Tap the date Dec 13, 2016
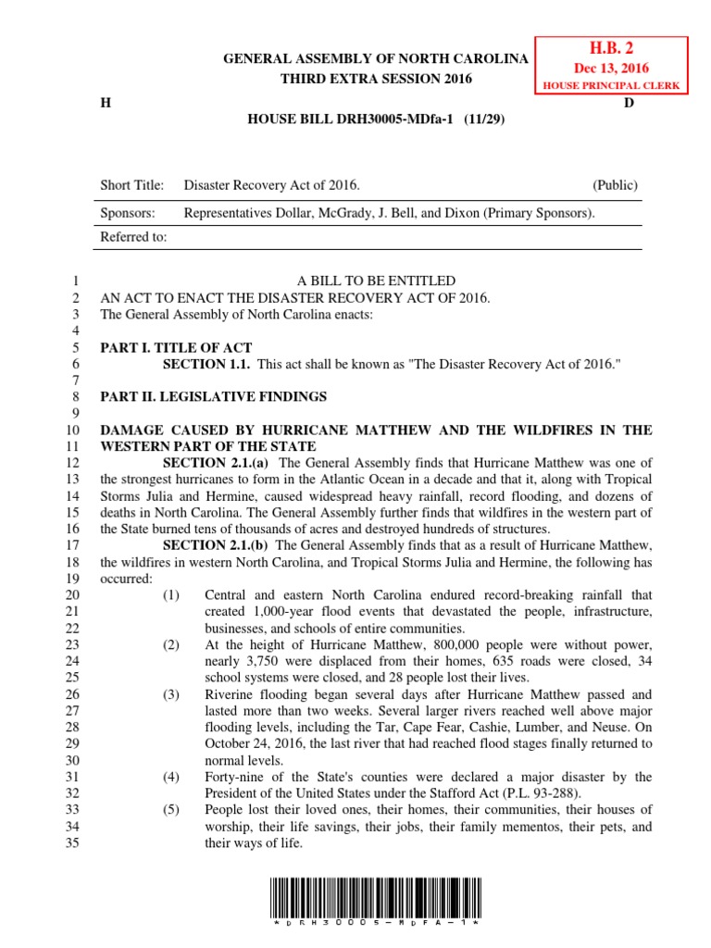point(609,69)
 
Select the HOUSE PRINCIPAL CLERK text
point(609,85)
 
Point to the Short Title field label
point(131,185)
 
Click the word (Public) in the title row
point(615,185)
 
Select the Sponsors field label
point(127,212)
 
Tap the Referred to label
point(133,237)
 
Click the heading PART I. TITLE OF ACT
point(176,348)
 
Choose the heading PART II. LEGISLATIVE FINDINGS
point(213,396)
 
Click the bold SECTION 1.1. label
point(206,365)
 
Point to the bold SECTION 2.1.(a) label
point(218,463)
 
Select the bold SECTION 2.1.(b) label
point(218,545)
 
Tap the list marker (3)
point(171,694)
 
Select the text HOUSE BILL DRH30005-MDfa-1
point(349,120)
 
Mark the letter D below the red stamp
point(629,103)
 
